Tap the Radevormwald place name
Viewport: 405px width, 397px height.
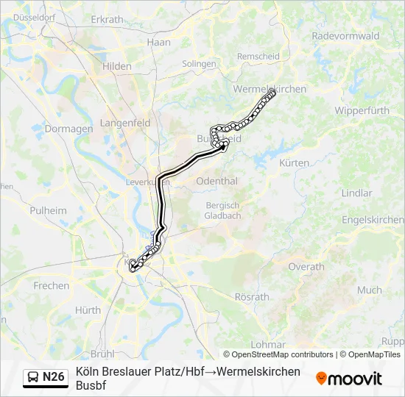pos(345,35)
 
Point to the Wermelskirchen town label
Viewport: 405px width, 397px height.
pos(270,89)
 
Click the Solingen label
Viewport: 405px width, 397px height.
pos(200,64)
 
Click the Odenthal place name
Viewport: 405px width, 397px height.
pos(217,181)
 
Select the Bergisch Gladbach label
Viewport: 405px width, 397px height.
pos(222,211)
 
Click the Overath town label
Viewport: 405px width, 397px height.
pos(306,267)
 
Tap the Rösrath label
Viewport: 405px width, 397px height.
pos(252,298)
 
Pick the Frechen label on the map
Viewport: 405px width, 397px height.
pos(52,286)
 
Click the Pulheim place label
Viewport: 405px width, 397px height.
pos(48,211)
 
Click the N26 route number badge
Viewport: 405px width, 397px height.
pos(53,377)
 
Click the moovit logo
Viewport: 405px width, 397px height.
pos(349,379)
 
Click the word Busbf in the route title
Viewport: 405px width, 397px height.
pos(92,385)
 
